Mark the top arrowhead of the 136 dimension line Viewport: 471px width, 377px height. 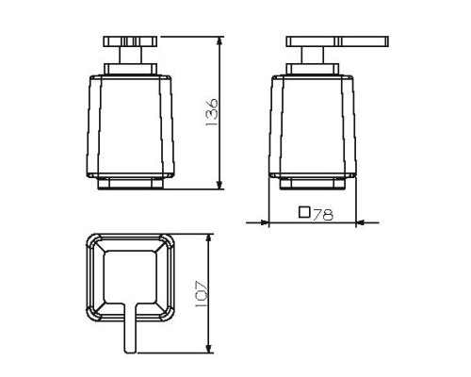(220, 42)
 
